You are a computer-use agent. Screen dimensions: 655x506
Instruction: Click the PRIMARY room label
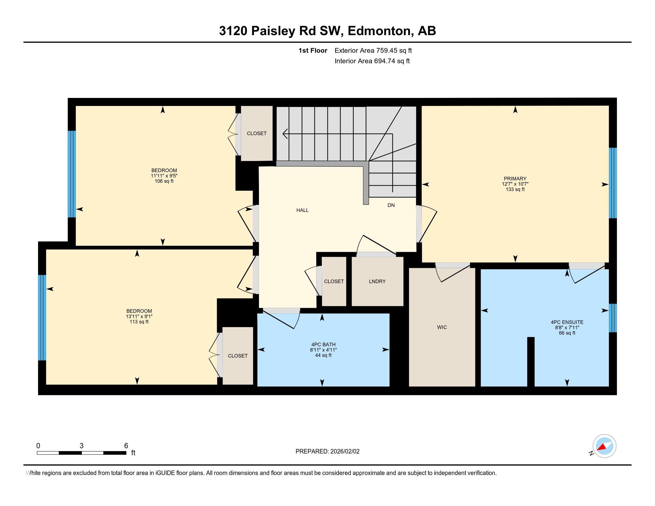(515, 179)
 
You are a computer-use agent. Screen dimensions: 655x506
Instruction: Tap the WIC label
(442, 327)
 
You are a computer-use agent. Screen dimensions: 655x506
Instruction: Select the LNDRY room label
(377, 282)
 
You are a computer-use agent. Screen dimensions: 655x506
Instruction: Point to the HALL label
(302, 210)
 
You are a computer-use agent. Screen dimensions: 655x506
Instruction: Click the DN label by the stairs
(391, 205)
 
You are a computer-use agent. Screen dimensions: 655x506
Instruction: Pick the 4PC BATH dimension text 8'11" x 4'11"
(323, 350)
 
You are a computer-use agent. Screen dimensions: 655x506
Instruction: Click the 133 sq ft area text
(515, 189)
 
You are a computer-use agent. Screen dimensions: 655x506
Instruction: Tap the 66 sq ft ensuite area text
(567, 333)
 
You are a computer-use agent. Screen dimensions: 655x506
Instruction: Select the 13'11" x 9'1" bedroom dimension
(139, 316)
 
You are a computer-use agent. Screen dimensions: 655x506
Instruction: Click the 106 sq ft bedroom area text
(164, 181)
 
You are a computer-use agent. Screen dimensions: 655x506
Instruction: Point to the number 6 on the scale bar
(126, 446)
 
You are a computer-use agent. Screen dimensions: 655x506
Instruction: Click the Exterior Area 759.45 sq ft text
(373, 50)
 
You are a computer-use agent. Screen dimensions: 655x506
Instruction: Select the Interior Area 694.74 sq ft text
(372, 61)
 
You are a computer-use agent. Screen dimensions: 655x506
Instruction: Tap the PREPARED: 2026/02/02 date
(327, 451)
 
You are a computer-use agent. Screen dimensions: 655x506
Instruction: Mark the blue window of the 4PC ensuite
(613, 318)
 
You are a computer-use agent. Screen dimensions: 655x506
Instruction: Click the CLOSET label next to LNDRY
(334, 282)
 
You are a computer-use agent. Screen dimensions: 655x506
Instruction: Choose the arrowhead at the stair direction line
(285, 134)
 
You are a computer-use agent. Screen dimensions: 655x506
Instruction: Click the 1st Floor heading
(313, 50)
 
